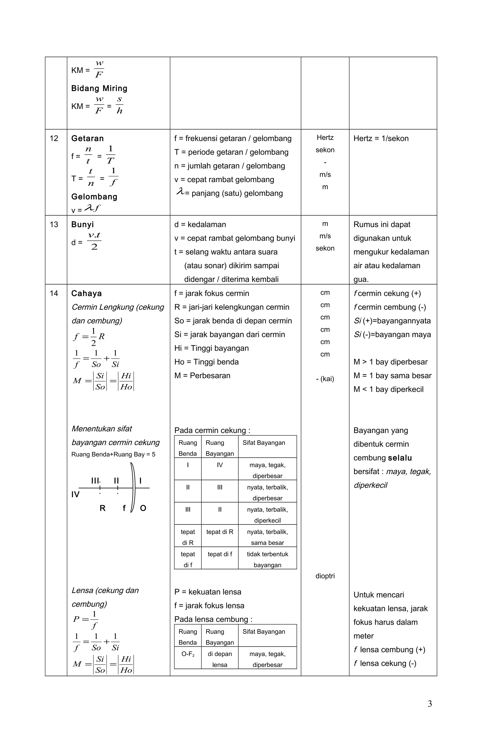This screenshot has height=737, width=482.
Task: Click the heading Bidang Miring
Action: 99,88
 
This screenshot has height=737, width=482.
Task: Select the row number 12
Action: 54,138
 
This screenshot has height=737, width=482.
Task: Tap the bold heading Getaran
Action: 87,138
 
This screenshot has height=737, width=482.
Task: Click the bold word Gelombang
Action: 94,197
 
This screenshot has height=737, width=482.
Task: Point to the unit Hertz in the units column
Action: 325,137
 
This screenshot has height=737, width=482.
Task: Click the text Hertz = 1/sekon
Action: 381,138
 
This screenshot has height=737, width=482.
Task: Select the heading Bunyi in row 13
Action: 82,224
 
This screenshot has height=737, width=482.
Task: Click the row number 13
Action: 54,224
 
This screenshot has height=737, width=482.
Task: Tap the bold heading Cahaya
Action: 86,293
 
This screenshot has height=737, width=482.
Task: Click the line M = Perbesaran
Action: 202,376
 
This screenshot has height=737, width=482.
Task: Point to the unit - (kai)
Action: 325,379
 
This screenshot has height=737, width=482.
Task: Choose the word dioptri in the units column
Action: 325,576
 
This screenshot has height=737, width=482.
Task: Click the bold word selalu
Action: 400,458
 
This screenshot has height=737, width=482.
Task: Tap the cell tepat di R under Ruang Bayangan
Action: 220,532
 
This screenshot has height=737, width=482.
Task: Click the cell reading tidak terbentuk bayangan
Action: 267,559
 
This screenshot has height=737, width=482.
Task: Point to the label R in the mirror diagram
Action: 103,508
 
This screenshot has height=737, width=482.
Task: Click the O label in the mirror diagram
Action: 143,508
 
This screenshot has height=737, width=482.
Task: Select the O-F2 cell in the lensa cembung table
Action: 188,654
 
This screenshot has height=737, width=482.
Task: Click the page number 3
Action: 430,704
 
